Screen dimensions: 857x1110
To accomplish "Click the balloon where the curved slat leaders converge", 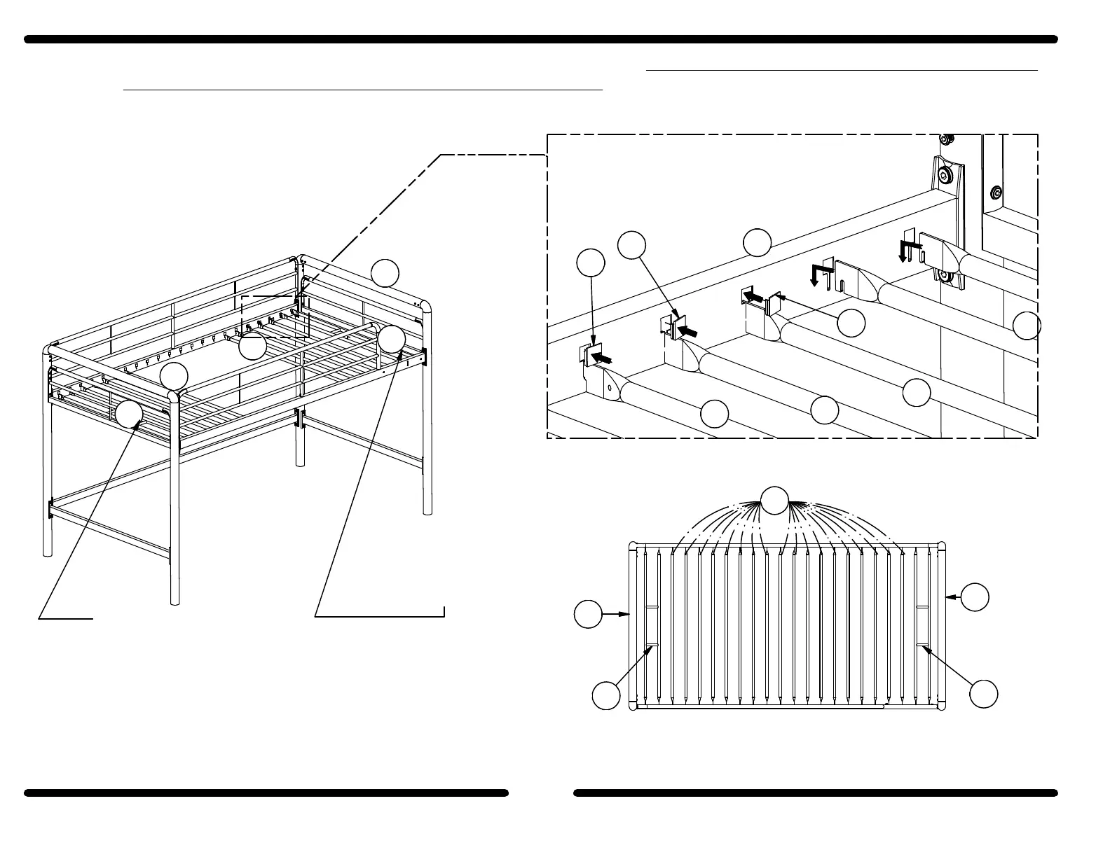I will [774, 500].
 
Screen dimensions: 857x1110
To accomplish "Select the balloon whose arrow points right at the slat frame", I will [588, 614].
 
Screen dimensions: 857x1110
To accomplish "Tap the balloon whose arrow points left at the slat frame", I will [975, 597].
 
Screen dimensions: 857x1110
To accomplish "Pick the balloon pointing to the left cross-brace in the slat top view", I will [606, 695].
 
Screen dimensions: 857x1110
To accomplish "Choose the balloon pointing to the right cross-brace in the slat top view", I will [983, 693].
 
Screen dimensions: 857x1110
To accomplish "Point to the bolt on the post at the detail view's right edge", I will [995, 191].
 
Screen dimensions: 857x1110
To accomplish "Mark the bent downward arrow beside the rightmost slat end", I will [908, 248].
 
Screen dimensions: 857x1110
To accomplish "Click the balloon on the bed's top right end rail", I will [385, 273].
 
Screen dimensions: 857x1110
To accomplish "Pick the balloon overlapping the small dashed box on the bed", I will [252, 346].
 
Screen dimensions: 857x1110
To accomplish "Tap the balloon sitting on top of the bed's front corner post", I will [174, 376].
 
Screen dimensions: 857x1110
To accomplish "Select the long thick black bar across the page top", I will [540, 39].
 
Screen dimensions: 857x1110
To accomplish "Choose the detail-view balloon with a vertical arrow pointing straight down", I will [591, 263].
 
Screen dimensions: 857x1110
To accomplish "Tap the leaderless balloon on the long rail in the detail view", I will [758, 242].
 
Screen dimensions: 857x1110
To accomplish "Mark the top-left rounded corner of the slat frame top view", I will [633, 547].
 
